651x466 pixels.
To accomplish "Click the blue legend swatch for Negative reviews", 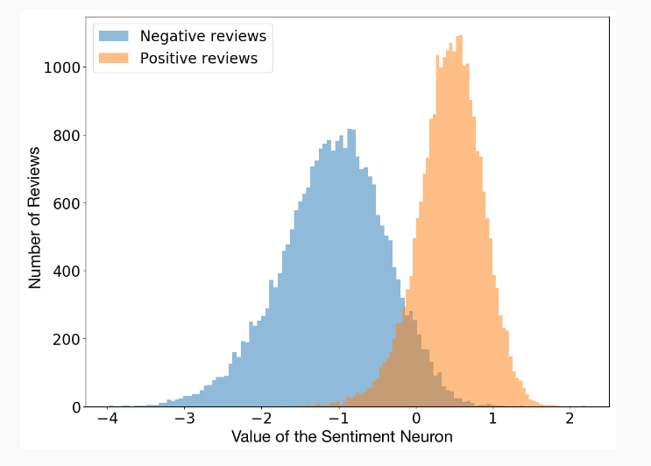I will click(x=113, y=36).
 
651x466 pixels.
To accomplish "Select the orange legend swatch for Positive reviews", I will click(x=113, y=59).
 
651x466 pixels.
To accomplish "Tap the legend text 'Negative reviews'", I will click(x=202, y=36).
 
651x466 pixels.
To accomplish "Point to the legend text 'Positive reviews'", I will click(x=199, y=59).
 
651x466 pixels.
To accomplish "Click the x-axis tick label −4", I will click(x=107, y=420).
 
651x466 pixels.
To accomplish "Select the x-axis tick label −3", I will click(x=183, y=420).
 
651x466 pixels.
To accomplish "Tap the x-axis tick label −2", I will click(x=260, y=420).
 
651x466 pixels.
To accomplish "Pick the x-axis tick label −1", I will click(x=337, y=420).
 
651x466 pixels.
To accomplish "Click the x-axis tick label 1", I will click(x=492, y=420).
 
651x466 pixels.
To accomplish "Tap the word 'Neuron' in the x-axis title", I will click(x=427, y=436).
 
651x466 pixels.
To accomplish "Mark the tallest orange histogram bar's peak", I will click(x=458, y=37).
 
